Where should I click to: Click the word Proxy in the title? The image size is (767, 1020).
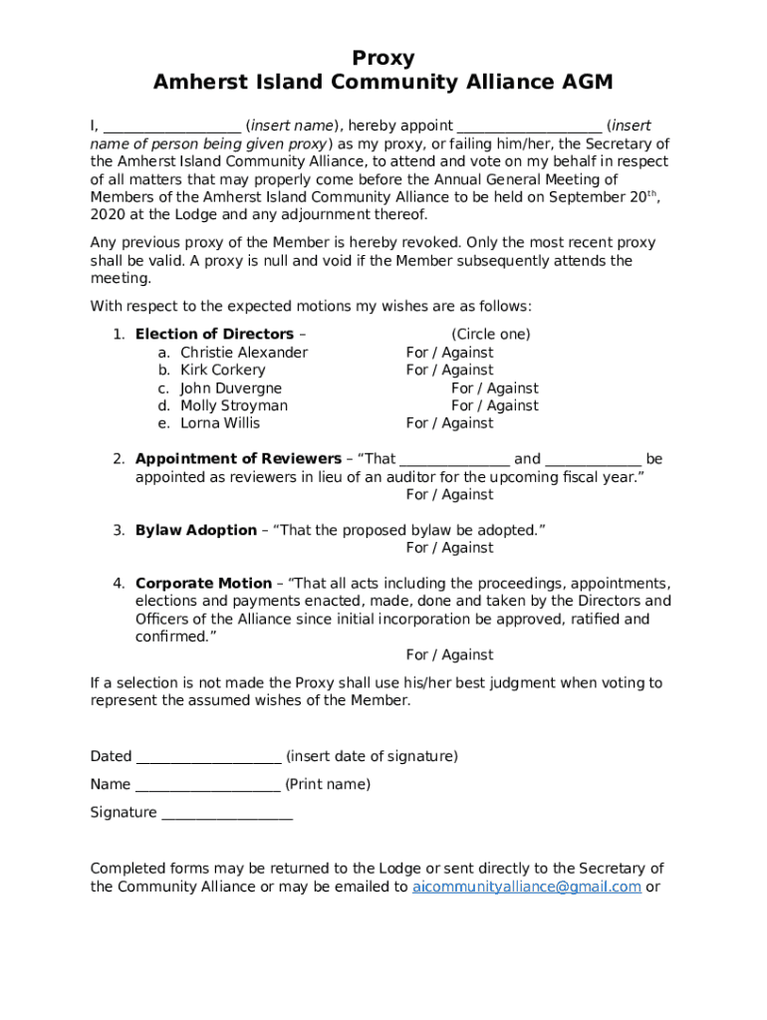pyautogui.click(x=383, y=58)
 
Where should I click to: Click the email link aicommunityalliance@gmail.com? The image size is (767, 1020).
pyautogui.click(x=526, y=888)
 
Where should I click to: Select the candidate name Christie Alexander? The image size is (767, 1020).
pyautogui.click(x=244, y=353)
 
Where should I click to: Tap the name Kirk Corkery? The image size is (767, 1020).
pyautogui.click(x=222, y=371)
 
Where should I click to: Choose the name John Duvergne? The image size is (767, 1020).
pyautogui.click(x=231, y=388)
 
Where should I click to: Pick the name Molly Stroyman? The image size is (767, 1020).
pyautogui.click(x=234, y=406)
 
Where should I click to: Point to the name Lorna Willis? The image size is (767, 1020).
pyautogui.click(x=220, y=423)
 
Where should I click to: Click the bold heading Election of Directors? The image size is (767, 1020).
pyautogui.click(x=214, y=335)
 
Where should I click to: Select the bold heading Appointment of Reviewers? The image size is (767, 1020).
pyautogui.click(x=238, y=459)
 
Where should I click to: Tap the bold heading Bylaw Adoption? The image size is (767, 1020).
pyautogui.click(x=195, y=531)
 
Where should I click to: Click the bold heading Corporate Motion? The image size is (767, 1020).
pyautogui.click(x=203, y=584)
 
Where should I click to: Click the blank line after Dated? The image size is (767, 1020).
pyautogui.click(x=208, y=758)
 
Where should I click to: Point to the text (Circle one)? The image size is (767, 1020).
pyautogui.click(x=490, y=335)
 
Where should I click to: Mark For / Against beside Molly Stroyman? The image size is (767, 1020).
pyautogui.click(x=494, y=406)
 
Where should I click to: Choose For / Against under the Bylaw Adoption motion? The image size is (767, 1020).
pyautogui.click(x=449, y=548)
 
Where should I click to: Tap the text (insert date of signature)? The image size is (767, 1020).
pyautogui.click(x=372, y=757)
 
